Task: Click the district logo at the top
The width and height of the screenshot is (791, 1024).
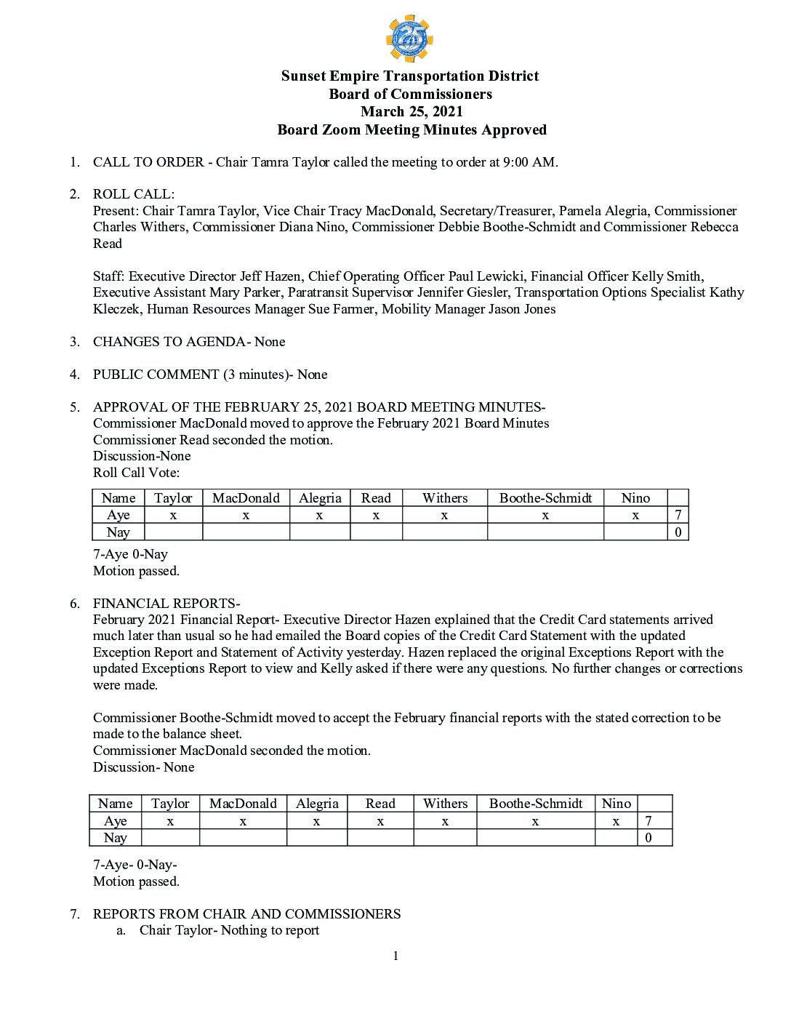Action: point(409,39)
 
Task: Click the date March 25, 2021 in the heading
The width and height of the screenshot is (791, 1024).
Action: point(411,112)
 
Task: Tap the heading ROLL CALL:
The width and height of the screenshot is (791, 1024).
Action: point(134,194)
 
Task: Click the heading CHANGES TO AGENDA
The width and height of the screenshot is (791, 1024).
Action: point(169,342)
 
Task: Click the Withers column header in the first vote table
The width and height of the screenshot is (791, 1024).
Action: point(444,498)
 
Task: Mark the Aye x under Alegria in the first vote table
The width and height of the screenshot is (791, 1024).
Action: point(319,515)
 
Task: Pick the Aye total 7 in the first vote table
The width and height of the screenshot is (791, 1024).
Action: point(678,515)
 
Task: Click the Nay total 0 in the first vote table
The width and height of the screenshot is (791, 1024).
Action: point(678,532)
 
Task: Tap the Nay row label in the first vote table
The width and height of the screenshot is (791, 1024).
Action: point(119,532)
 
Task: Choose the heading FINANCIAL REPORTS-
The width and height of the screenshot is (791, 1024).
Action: point(166,604)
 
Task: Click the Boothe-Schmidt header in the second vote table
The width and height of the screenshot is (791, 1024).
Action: point(536,804)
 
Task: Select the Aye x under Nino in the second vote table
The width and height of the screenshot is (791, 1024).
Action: point(616,821)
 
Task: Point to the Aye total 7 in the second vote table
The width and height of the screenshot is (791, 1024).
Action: point(649,821)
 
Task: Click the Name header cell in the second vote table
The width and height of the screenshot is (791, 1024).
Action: point(115,804)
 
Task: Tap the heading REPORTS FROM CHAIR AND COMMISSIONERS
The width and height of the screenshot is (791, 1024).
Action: point(246,914)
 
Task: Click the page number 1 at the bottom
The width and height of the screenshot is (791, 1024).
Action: point(395,956)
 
